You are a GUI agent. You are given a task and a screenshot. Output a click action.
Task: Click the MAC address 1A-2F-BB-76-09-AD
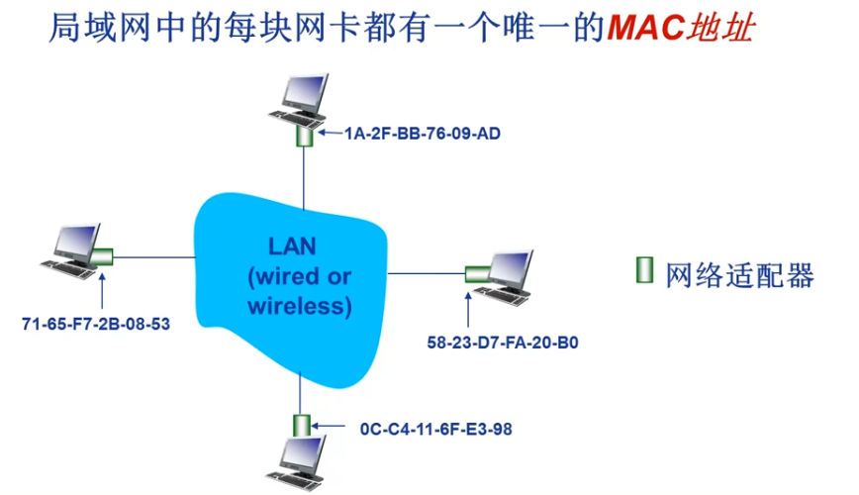click(423, 133)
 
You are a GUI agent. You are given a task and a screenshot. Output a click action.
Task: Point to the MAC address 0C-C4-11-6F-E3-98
click(436, 429)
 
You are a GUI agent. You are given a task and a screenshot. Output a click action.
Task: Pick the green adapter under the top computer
click(305, 136)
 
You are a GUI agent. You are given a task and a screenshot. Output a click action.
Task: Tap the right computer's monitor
click(510, 265)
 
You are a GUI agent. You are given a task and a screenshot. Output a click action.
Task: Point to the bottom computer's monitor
click(301, 456)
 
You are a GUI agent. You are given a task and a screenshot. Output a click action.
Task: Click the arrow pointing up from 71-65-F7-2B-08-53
click(102, 289)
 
